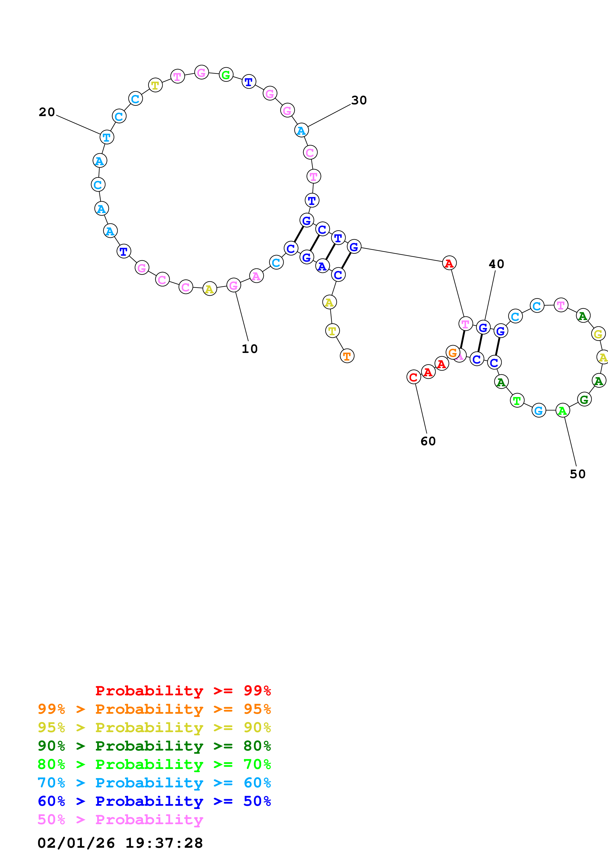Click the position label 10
249,349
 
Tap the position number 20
47,112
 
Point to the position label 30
359,100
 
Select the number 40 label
496,264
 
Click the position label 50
577,474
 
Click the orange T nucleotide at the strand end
347,356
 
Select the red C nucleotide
414,377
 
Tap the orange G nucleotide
453,352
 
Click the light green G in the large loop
226,75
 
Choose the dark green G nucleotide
584,400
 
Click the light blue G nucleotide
539,411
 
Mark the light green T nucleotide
517,401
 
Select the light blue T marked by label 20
107,137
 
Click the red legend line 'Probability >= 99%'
183,690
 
